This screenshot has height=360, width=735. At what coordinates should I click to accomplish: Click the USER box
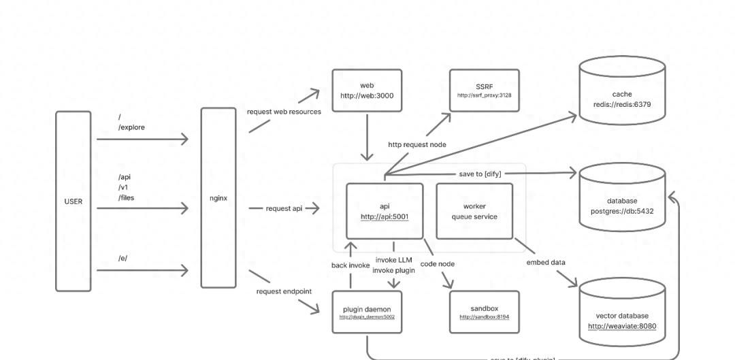coord(73,201)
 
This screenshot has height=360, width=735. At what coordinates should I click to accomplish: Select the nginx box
coord(218,198)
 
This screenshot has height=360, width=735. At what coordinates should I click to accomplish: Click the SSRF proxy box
coord(484,91)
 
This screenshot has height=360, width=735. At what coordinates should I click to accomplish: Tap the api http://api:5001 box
coord(385,211)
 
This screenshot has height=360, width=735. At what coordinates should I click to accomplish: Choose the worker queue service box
coord(474,211)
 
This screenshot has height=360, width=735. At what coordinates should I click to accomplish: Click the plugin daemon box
coord(367,312)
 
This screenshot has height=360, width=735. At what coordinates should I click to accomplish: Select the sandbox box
coord(484,312)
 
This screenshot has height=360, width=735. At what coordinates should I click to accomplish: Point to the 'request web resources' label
coord(284,112)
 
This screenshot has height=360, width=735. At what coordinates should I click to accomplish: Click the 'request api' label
coord(284,208)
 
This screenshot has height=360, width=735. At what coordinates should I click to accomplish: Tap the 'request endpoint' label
coord(284,291)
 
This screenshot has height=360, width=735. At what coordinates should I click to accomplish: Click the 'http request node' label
coord(417,144)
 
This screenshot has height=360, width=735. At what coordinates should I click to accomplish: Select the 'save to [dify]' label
coord(480,174)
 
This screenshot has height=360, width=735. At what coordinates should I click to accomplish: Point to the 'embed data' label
coord(545,263)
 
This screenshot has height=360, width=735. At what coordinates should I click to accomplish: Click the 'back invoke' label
coord(350,265)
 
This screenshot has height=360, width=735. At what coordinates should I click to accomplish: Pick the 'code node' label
coord(438,264)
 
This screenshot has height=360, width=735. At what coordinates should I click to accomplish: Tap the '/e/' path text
coord(122,259)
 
